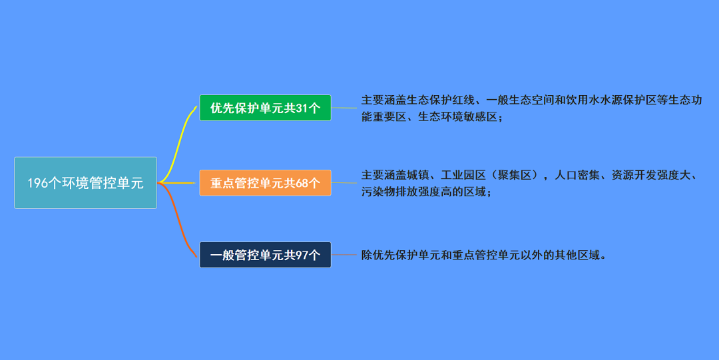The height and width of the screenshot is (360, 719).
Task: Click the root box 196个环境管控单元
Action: click(x=86, y=182)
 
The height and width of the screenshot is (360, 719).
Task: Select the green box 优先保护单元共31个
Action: click(x=265, y=108)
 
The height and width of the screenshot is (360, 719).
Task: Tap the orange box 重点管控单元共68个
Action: click(x=265, y=182)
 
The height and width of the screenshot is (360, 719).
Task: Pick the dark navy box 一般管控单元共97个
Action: click(x=265, y=254)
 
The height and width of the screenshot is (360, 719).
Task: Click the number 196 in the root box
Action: click(x=37, y=183)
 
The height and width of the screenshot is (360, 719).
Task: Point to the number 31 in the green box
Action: click(x=302, y=108)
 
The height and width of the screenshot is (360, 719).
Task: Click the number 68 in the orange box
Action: click(x=302, y=183)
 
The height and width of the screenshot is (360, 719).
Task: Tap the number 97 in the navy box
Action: click(x=302, y=255)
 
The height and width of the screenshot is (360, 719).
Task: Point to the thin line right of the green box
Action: click(x=344, y=108)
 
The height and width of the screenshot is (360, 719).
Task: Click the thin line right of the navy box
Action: click(x=344, y=254)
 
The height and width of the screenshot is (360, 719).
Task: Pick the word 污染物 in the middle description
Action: click(x=378, y=192)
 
